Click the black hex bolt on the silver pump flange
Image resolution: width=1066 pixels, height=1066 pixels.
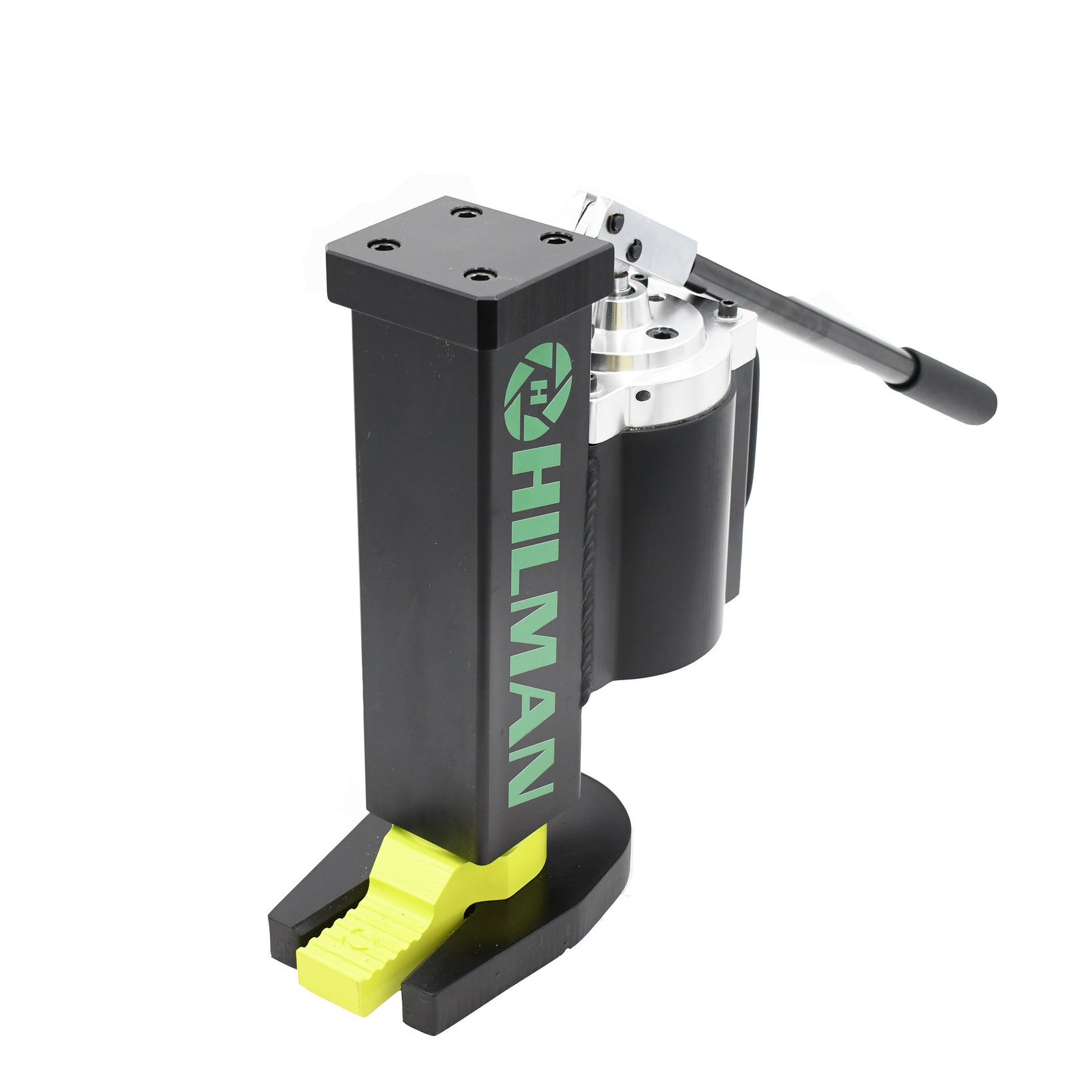tap(726, 307)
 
